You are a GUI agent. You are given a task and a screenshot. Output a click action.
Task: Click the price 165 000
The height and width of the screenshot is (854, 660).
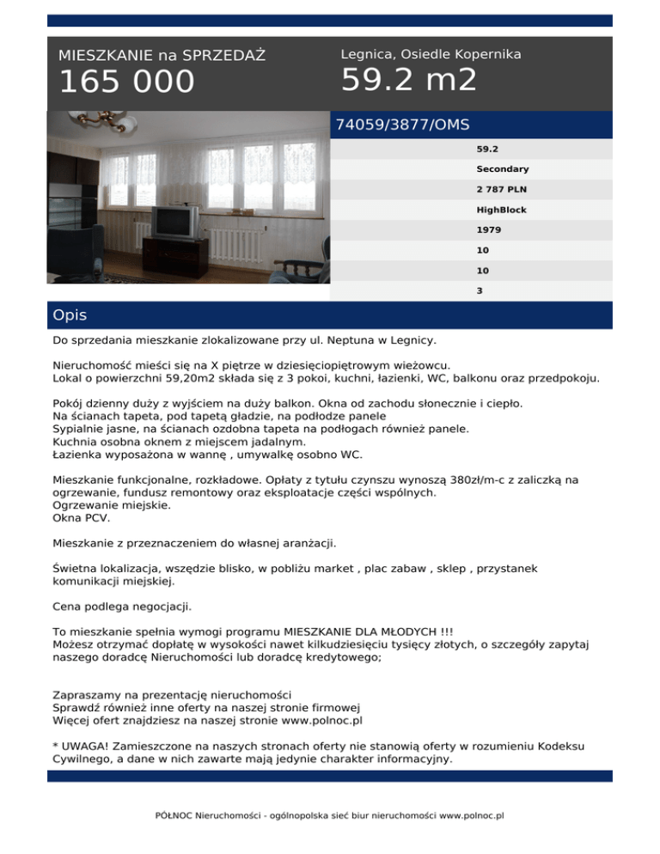click(126, 82)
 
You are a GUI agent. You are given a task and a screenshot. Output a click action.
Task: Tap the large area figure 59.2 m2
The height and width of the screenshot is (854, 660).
click(408, 80)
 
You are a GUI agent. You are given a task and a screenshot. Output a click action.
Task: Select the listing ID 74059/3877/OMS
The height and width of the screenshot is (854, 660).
click(402, 125)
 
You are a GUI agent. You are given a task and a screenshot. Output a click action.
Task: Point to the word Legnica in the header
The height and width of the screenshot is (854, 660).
click(367, 54)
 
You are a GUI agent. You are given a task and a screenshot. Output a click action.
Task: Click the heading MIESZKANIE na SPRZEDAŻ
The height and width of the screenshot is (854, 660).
click(162, 56)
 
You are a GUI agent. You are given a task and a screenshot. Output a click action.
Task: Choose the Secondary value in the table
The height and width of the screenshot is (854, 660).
click(503, 169)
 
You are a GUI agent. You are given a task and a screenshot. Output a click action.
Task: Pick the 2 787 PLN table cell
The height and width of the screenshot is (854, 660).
click(504, 190)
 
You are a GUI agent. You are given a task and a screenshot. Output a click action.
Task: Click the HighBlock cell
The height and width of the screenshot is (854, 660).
click(502, 210)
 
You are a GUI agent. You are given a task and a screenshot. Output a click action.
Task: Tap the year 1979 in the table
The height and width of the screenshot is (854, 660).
click(489, 230)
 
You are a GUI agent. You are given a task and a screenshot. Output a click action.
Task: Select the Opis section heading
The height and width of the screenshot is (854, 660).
click(70, 315)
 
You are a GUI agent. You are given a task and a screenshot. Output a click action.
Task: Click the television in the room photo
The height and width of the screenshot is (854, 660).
click(176, 224)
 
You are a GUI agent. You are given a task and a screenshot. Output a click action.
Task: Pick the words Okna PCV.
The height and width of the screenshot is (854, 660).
click(81, 519)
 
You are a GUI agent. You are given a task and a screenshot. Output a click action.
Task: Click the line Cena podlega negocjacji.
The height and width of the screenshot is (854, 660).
click(123, 607)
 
